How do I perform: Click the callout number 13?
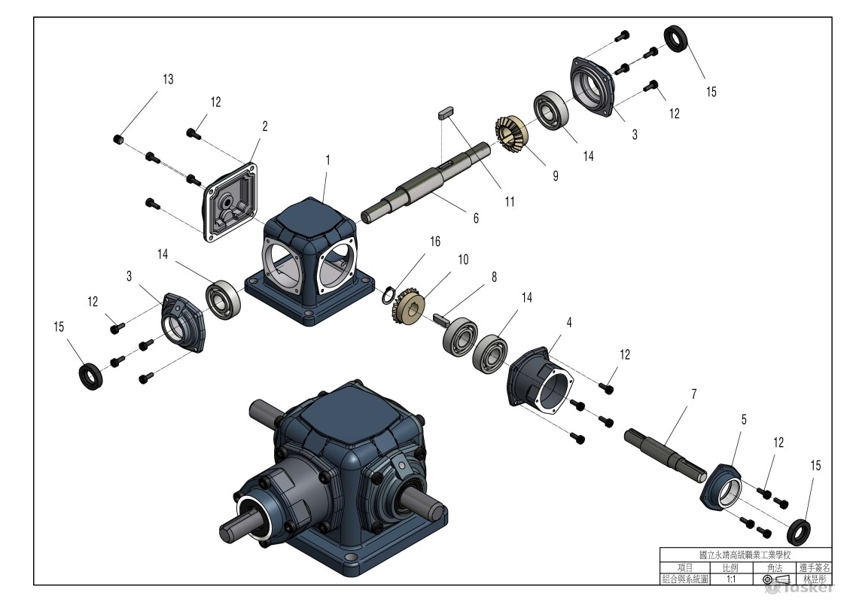(168, 79)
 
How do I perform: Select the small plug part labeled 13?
(117, 139)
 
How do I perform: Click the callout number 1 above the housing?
(328, 160)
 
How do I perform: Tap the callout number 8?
(494, 277)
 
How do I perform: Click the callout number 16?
(435, 242)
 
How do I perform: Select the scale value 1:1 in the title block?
(730, 580)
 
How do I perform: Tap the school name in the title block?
(745, 555)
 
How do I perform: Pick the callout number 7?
(693, 394)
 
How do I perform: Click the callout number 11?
(510, 202)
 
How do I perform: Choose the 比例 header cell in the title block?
(730, 568)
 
